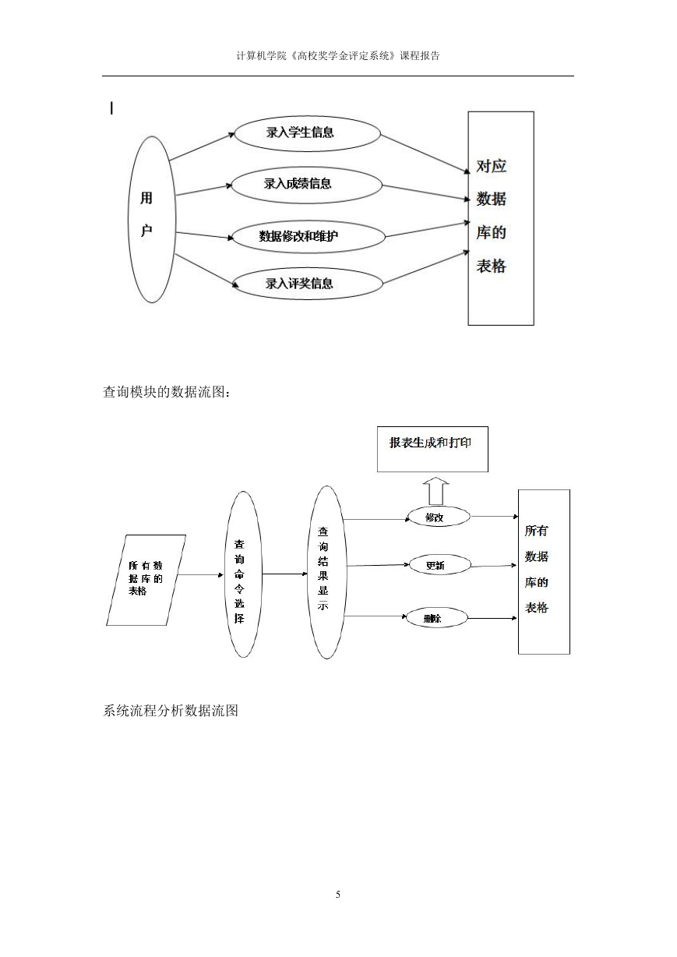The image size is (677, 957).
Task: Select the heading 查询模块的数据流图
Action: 167,392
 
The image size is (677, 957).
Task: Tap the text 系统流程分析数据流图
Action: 171,711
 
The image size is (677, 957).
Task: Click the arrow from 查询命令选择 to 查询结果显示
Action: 285,574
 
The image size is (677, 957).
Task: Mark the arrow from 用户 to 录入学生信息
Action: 202,147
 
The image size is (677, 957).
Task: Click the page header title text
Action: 338,55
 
